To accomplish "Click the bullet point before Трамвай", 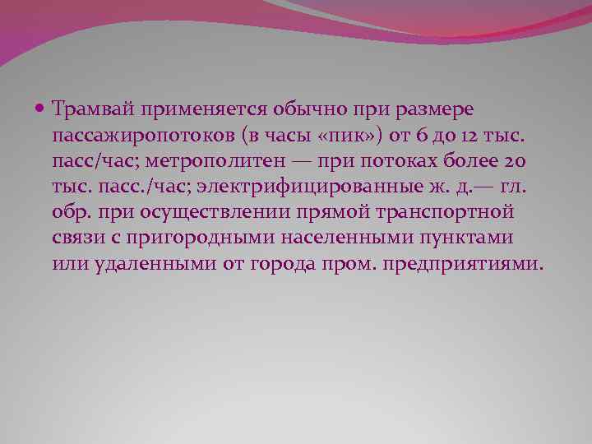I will [41, 108].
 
